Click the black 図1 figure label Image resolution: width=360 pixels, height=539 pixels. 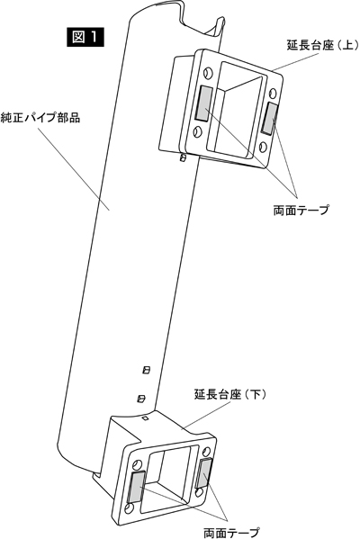click(85, 37)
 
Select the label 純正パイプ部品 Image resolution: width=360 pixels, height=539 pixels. click(40, 118)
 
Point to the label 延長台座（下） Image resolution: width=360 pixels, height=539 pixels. click(230, 394)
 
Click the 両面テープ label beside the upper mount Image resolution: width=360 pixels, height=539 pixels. click(301, 210)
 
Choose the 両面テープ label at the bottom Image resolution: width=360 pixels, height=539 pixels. click(230, 533)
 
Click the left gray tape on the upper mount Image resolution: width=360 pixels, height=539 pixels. click(204, 103)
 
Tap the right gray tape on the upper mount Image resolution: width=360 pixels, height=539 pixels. click(269, 118)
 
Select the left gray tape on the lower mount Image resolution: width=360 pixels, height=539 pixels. click(137, 487)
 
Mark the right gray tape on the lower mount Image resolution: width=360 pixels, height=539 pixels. click(204, 472)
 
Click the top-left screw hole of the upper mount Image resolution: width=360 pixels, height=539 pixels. click(207, 73)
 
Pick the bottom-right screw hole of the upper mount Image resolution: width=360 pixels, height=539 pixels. click(263, 148)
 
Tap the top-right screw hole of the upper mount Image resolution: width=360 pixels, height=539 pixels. click(273, 93)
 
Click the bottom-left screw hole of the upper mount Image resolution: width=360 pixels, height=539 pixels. click(198, 132)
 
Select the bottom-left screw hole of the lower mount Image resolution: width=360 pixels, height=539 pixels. click(129, 508)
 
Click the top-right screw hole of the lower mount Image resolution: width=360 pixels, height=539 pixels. click(206, 452)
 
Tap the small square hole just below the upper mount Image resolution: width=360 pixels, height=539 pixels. click(184, 157)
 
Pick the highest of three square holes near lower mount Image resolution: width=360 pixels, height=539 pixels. click(147, 370)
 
